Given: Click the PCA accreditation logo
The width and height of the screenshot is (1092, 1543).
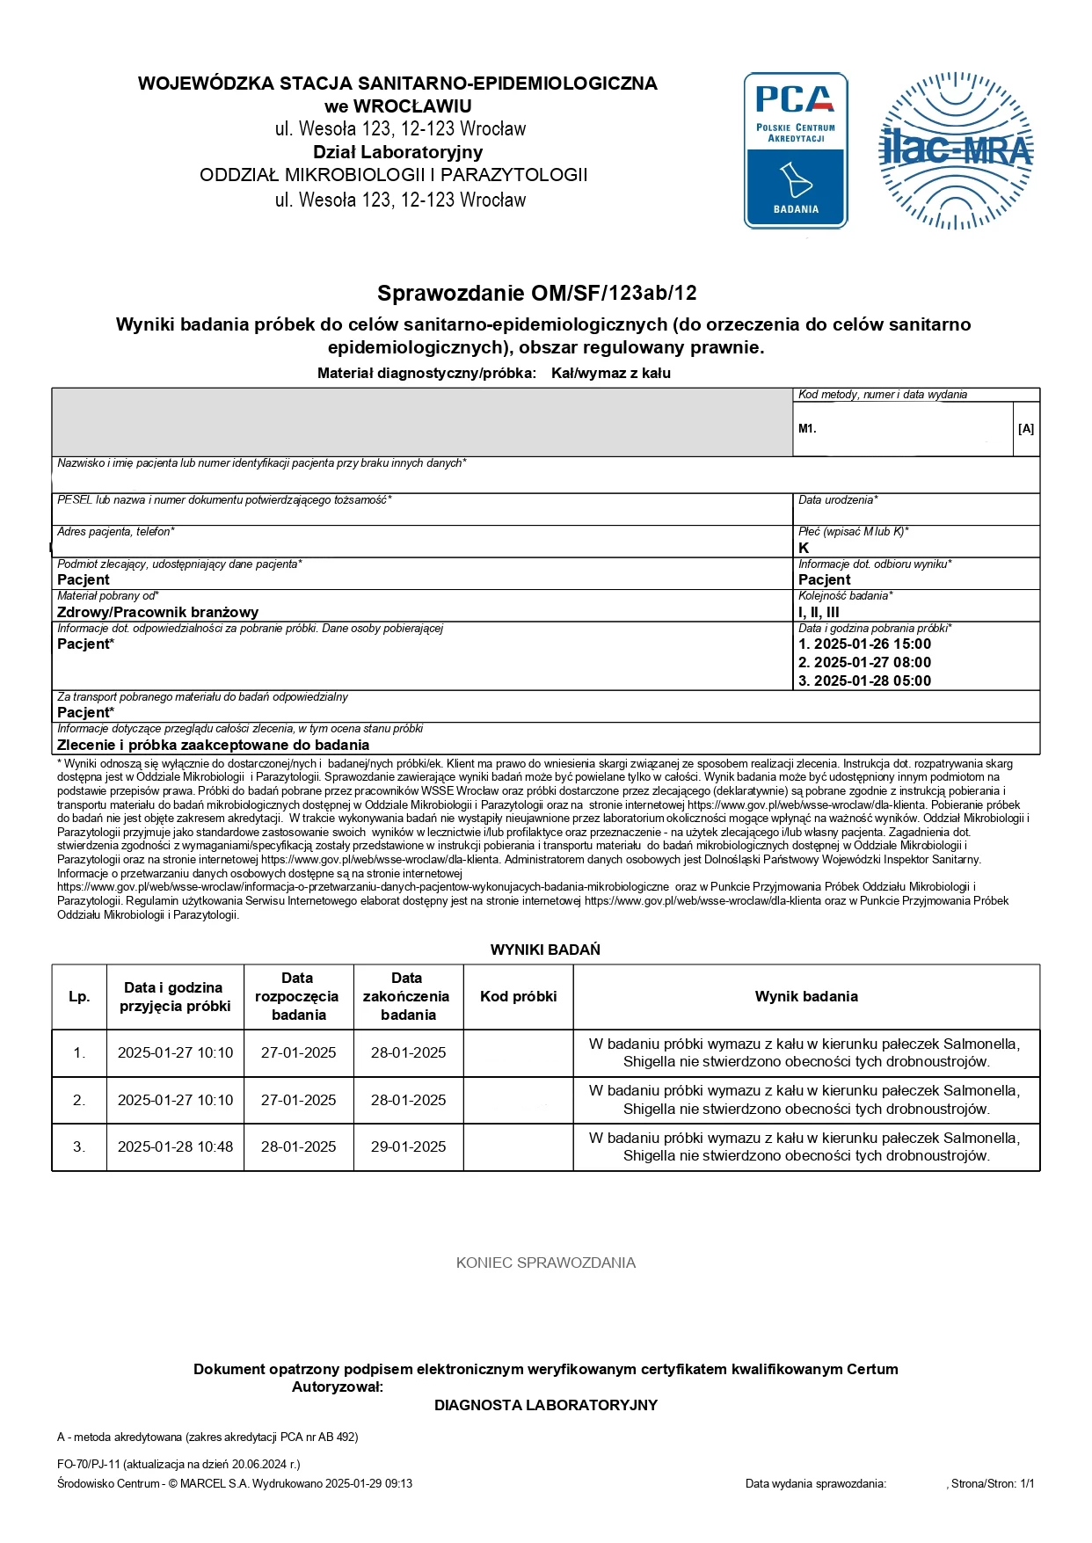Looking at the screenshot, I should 796,150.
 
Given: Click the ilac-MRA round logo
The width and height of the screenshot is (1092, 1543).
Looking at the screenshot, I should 957,150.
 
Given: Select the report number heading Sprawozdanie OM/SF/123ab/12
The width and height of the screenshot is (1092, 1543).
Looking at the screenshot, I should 536,293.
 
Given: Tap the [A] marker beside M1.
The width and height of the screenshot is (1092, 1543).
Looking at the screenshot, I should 1025,429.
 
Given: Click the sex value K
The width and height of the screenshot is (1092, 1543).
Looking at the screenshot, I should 804,548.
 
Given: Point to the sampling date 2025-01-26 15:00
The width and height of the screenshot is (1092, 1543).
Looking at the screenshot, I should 864,644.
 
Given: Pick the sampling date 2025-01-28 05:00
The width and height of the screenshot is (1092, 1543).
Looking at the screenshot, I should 864,681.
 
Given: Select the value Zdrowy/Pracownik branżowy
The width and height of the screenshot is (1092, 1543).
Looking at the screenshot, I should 158,612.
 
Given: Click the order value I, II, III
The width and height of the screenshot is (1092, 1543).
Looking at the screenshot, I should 819,612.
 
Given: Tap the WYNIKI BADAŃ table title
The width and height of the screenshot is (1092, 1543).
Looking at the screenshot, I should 545,950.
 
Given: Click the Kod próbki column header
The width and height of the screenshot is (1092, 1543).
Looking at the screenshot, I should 518,996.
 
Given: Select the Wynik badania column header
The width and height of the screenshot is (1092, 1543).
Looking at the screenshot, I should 806,996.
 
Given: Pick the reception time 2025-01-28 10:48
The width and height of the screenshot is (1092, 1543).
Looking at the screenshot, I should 175,1146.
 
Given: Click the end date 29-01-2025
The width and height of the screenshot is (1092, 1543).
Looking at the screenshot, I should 408,1146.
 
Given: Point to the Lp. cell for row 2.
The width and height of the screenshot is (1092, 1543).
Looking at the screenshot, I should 79,1100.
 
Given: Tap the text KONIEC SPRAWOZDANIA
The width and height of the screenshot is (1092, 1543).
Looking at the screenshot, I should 545,1263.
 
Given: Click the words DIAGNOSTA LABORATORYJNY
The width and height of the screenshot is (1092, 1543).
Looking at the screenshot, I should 545,1405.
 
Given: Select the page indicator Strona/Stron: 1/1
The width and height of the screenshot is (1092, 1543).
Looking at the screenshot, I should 993,1483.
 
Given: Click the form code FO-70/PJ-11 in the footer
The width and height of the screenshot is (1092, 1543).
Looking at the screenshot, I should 89,1464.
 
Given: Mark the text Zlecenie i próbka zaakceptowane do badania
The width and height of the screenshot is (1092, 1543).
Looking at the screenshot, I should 213,745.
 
